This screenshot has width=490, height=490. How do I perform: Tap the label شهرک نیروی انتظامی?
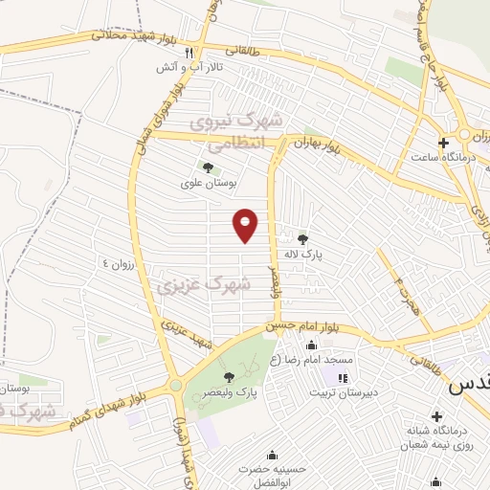tap(236, 132)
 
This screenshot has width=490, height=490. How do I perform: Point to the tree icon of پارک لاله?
tap(303, 239)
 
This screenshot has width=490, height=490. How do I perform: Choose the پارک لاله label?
tap(304, 256)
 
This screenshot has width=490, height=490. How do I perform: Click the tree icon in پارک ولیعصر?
tap(229, 376)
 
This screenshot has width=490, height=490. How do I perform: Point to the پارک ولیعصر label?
tap(234, 392)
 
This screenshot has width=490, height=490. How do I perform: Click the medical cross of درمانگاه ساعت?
tap(442, 143)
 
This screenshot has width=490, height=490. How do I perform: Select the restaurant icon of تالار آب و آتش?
tap(189, 54)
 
